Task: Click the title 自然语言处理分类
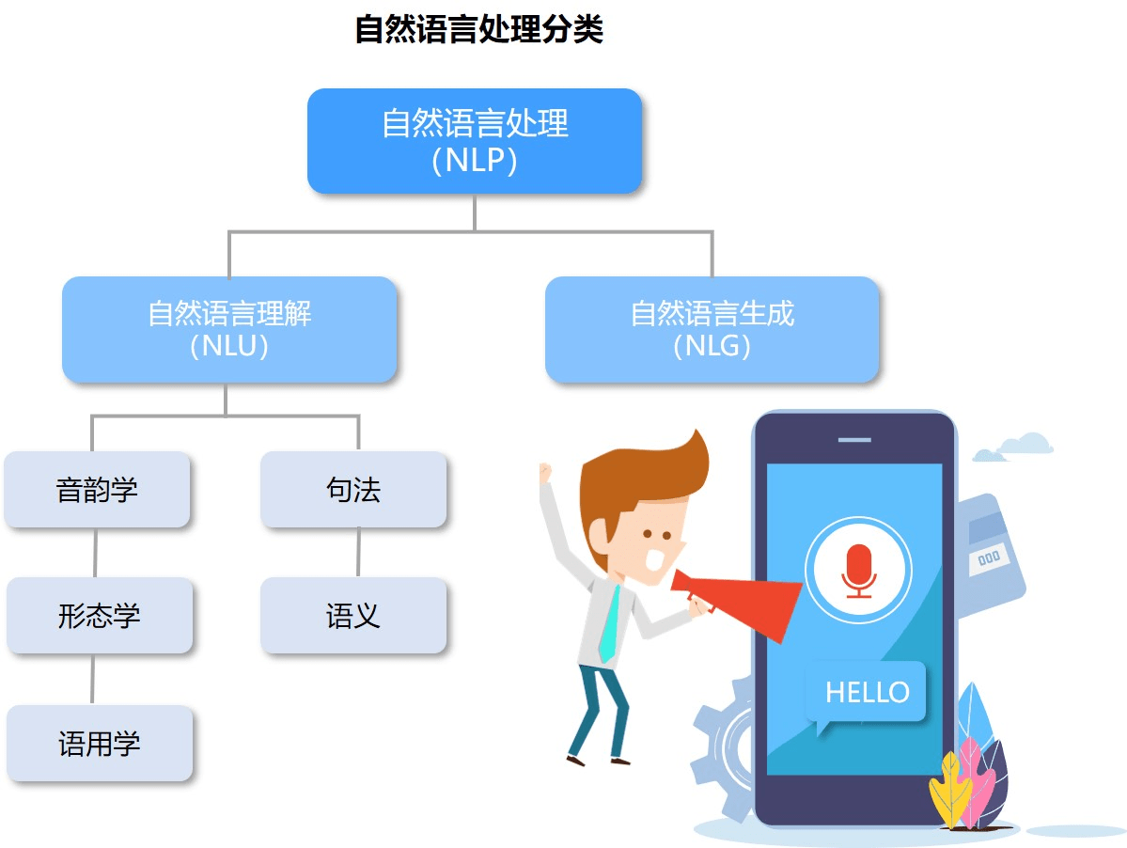[478, 30]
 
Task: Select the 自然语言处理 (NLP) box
[475, 141]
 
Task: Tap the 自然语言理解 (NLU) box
[229, 329]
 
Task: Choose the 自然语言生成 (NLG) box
[712, 329]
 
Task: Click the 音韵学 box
[97, 490]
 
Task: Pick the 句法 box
[353, 490]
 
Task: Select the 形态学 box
[100, 616]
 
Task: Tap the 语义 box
[353, 616]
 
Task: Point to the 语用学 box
[100, 744]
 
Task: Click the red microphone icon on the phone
[858, 569]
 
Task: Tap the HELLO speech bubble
[867, 693]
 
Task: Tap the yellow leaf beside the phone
[949, 790]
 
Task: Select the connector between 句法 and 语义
[357, 552]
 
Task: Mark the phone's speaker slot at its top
[854, 439]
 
